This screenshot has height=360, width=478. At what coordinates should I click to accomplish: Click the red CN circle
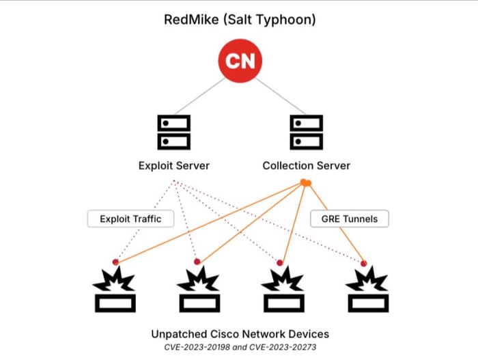click(240, 61)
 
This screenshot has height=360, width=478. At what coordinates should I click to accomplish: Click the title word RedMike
click(191, 20)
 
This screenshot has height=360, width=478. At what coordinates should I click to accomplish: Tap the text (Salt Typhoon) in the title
click(270, 20)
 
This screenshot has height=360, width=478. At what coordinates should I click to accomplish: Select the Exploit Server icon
click(173, 132)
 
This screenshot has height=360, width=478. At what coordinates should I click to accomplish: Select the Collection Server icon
click(307, 132)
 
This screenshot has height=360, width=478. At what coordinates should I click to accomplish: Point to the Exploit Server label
click(173, 166)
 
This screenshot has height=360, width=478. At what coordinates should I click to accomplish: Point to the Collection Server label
click(307, 166)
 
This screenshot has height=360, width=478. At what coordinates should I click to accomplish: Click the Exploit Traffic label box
click(131, 219)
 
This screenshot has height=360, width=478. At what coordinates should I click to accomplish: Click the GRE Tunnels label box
click(350, 219)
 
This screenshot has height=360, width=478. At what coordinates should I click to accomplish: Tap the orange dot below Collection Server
click(305, 183)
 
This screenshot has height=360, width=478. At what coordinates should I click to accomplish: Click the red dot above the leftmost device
click(115, 262)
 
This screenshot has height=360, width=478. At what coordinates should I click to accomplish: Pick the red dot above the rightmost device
click(363, 263)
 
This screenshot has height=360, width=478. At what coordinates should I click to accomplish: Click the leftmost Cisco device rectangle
click(115, 303)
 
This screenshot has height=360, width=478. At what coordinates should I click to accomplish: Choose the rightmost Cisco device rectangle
click(368, 303)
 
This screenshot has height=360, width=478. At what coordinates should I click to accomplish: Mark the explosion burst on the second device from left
click(198, 279)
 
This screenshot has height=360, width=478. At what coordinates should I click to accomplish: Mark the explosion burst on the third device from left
click(283, 279)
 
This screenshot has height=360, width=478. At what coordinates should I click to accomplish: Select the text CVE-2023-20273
click(283, 347)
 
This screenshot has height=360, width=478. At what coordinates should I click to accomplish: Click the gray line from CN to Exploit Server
click(200, 96)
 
